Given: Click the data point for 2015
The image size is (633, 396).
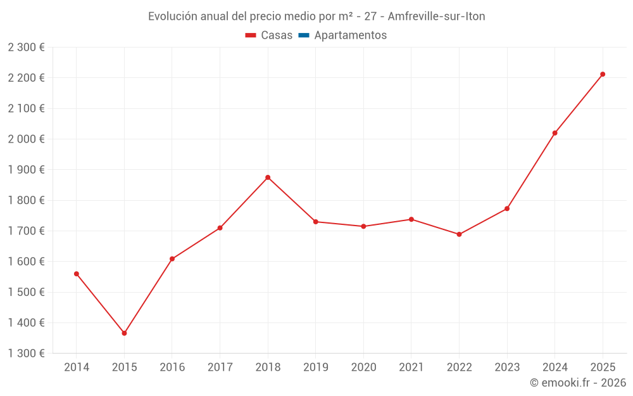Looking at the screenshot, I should (x=124, y=333).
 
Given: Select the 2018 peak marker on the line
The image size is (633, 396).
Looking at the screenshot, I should (x=268, y=177).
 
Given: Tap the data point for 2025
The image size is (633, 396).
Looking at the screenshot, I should (x=603, y=74).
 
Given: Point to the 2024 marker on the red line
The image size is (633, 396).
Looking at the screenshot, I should (x=555, y=133).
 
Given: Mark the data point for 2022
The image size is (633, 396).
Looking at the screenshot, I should (x=459, y=234).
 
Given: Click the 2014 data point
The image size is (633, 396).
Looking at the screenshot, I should (x=77, y=274).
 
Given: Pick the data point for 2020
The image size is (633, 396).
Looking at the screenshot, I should (x=363, y=226).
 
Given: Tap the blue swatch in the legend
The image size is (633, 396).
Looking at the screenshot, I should (x=303, y=35).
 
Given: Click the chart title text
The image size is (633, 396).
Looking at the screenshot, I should (x=316, y=16).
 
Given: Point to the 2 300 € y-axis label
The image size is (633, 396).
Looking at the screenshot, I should (x=27, y=47).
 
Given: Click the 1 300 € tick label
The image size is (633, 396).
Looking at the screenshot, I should (x=27, y=353).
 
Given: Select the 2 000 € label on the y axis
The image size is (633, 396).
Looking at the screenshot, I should (x=27, y=139).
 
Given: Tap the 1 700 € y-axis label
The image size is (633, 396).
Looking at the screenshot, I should (x=27, y=231).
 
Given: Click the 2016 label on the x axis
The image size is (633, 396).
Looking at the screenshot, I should (x=172, y=367).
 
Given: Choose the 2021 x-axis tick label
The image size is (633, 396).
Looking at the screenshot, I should (x=411, y=367).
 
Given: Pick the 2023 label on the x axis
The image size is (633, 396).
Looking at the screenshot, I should (x=507, y=367).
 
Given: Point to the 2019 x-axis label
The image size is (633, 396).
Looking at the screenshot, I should (x=316, y=367).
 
